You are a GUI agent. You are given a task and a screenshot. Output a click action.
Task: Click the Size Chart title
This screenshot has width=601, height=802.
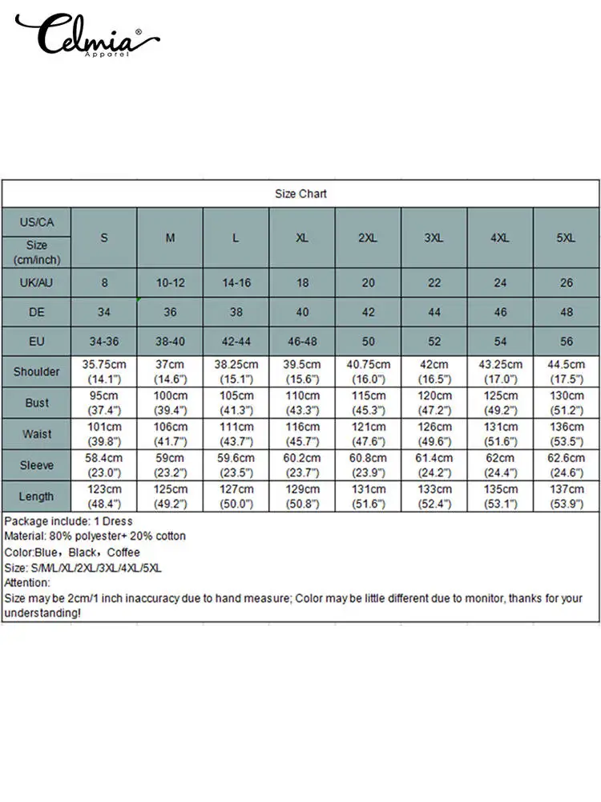tap(300, 193)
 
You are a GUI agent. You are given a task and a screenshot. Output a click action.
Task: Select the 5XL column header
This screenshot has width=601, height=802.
tap(566, 238)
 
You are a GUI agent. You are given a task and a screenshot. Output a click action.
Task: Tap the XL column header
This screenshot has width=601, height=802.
tap(302, 238)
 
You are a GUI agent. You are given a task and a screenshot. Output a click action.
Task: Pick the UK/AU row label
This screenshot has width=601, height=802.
tap(37, 282)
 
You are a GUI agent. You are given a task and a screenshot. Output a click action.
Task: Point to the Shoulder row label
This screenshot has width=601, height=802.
tap(37, 371)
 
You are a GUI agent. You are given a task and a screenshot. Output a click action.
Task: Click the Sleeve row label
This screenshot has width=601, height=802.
tap(37, 465)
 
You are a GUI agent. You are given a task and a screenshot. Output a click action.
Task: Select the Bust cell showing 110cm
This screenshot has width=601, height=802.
tap(302, 403)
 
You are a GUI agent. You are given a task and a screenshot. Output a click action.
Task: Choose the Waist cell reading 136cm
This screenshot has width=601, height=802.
tap(566, 434)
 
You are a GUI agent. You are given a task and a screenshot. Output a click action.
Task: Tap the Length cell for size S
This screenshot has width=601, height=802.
tap(104, 496)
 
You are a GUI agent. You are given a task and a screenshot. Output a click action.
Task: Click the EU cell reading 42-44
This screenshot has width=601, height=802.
tap(236, 341)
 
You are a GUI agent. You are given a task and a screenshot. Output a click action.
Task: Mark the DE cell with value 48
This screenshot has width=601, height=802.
tap(566, 312)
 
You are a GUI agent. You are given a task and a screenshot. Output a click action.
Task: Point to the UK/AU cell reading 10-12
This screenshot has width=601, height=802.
tap(170, 282)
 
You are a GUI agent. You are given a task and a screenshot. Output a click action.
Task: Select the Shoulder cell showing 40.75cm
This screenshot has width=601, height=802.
tap(368, 371)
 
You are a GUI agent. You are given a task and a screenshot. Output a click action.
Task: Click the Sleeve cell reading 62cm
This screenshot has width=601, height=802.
tap(500, 465)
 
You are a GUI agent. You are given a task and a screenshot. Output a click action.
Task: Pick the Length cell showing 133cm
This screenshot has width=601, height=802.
tap(434, 496)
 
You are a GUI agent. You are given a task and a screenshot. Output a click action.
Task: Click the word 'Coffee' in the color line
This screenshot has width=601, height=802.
tap(123, 552)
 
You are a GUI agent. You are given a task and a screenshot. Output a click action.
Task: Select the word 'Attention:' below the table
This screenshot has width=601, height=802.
tap(28, 583)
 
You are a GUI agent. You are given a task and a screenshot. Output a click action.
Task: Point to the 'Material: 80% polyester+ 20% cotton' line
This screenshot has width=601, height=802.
tap(95, 536)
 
